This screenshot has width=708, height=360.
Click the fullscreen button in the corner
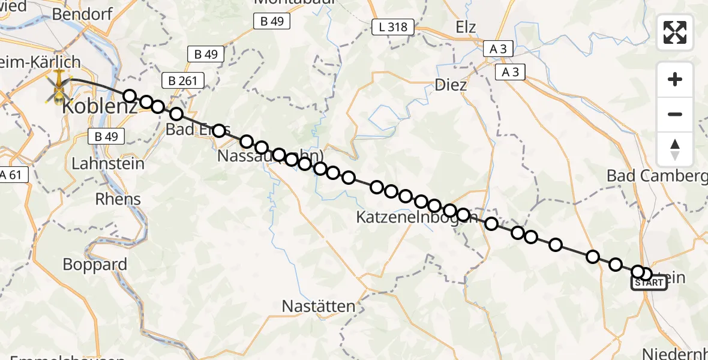point(675,32)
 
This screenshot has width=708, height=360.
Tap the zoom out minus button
point(675,114)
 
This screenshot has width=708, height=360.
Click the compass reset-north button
point(675,149)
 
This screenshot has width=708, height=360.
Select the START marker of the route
point(649,283)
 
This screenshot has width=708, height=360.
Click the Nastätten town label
point(319,306)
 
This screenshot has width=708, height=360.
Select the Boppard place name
point(95,265)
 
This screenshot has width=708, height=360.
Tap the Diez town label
point(450,85)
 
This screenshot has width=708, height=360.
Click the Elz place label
point(466,27)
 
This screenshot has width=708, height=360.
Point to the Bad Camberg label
point(657,176)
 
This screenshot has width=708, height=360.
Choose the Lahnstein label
point(107,163)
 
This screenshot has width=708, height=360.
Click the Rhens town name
point(118,199)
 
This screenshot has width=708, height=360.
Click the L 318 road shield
point(393,27)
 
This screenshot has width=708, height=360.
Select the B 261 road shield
point(183,80)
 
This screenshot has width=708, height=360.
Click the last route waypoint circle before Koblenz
point(130,96)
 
